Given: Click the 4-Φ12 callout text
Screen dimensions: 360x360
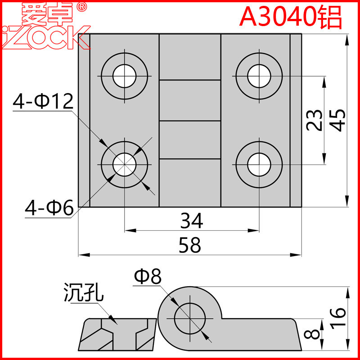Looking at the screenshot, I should (43, 102).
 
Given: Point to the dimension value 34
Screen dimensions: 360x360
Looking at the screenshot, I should (192, 220).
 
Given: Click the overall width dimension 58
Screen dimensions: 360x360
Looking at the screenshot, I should (189, 246).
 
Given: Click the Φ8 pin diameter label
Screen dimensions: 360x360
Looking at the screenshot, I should (147, 277).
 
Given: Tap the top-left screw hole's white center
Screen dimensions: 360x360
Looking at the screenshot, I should (124, 76).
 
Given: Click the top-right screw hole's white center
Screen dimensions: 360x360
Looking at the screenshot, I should (259, 76).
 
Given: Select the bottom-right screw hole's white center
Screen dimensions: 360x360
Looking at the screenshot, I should (259, 164).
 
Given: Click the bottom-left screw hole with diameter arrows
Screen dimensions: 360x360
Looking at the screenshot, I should (124, 164).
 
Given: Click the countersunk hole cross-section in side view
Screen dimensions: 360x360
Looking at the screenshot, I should (119, 335).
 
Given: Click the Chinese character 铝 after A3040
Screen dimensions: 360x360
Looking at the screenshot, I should (332, 18).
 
